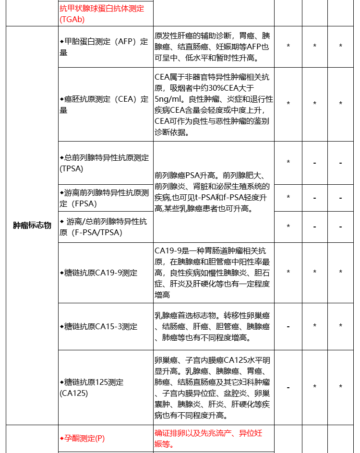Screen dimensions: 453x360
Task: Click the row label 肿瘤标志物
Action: click(32, 226)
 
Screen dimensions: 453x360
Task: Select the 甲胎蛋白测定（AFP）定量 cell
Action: click(104, 47)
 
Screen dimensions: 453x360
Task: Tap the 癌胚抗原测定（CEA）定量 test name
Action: click(104, 105)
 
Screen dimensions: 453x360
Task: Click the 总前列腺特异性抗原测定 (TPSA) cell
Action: click(104, 163)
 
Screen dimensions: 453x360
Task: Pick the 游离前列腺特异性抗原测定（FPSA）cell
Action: click(104, 198)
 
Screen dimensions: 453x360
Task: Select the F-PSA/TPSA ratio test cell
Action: click(104, 226)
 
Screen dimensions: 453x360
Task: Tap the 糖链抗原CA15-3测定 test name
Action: click(98, 326)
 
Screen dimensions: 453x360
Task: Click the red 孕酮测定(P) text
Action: click(82, 438)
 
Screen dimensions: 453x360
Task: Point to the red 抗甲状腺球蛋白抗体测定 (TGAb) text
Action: click(102, 13)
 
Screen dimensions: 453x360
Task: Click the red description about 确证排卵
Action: click(208, 438)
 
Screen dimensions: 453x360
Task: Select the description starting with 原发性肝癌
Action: click(212, 47)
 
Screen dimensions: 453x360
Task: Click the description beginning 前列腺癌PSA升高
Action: click(212, 192)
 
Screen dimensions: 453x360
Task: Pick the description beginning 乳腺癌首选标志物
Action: click(212, 326)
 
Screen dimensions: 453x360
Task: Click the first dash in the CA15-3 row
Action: click(288, 326)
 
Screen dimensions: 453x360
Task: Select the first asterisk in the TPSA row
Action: click(288, 163)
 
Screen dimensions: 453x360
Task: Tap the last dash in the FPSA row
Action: click(340, 198)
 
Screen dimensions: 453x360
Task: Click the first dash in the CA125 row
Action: click(288, 387)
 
